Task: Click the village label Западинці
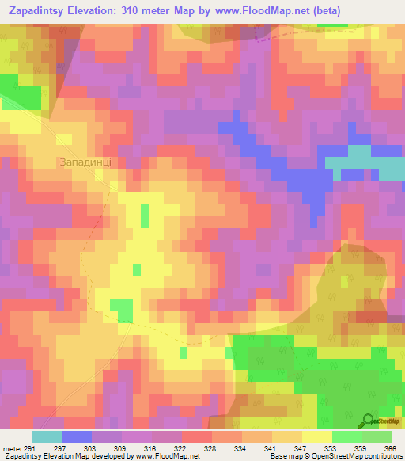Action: click(89, 161)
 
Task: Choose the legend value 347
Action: click(301, 448)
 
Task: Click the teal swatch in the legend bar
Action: click(47, 436)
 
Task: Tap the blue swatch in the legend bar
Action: click(77, 436)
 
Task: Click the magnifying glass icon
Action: click(369, 421)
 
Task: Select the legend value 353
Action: click(329, 448)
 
